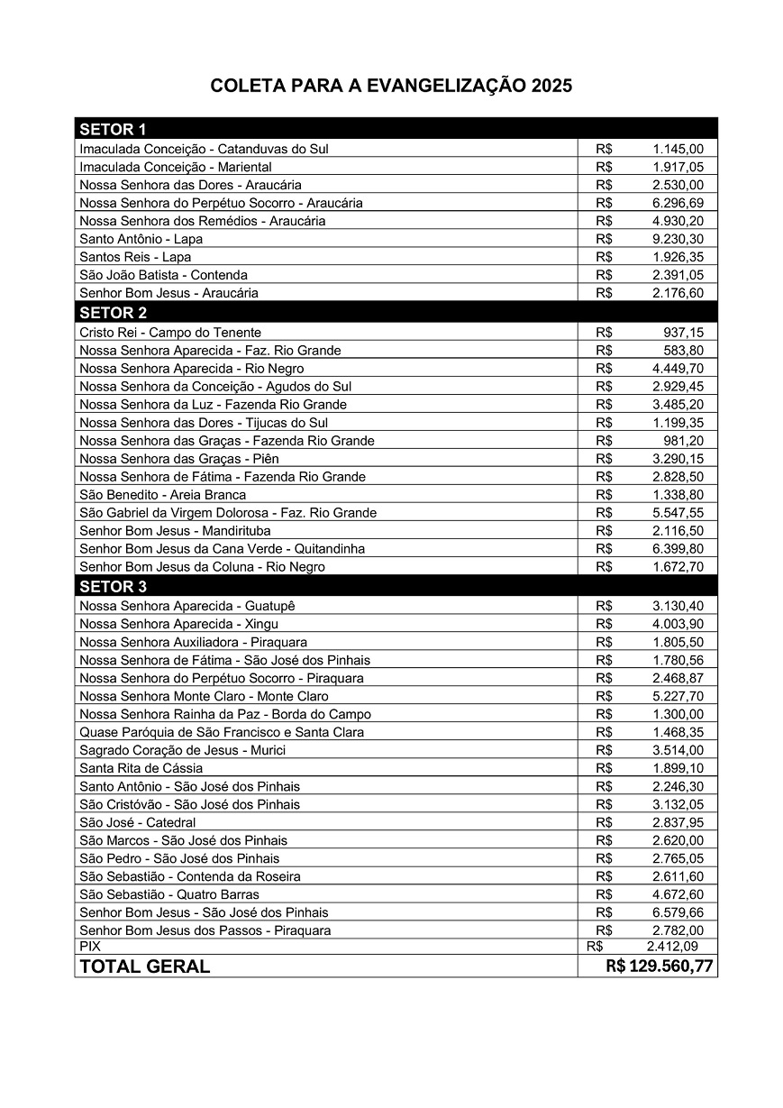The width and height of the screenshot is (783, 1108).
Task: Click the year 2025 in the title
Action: tap(551, 87)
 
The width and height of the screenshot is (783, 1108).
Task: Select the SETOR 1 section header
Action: tap(113, 128)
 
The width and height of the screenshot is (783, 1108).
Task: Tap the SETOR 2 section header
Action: tap(113, 313)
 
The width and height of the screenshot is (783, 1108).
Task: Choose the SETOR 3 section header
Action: tap(113, 587)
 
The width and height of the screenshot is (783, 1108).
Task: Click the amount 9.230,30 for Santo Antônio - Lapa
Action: tap(678, 239)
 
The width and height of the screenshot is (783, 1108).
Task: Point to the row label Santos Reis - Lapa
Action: tap(135, 257)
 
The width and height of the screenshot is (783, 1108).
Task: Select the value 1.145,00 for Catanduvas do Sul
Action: tap(678, 149)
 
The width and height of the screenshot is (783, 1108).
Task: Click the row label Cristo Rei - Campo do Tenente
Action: tap(169, 332)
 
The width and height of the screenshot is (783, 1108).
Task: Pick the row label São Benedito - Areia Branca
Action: tap(162, 494)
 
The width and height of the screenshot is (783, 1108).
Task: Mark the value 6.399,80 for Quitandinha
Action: tap(678, 548)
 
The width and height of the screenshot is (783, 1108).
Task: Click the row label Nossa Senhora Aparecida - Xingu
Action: tap(178, 624)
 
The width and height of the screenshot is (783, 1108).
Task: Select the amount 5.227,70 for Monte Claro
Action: tap(678, 696)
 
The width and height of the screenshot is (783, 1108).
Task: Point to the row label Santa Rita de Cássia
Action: tap(141, 768)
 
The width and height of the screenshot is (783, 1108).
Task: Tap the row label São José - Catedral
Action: tap(137, 822)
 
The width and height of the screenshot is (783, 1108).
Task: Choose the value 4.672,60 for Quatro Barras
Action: tap(678, 894)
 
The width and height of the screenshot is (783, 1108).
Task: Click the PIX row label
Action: tap(90, 947)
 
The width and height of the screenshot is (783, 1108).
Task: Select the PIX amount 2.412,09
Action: tap(671, 947)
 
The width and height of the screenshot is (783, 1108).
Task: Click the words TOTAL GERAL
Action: tap(144, 966)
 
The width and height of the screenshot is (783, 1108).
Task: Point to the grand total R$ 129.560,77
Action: tap(660, 966)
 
